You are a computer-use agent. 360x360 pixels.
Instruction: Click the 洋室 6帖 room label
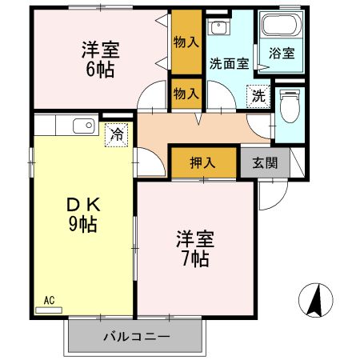(100, 58)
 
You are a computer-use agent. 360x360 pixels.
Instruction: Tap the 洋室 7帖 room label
(192, 249)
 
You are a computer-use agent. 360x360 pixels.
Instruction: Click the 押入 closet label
(202, 163)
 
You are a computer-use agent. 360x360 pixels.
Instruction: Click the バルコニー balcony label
(136, 337)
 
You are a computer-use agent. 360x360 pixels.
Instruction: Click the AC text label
(49, 300)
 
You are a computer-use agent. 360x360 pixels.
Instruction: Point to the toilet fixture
(290, 105)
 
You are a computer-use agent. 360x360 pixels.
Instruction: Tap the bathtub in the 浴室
(282, 29)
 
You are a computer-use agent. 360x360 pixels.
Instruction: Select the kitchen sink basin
(82, 125)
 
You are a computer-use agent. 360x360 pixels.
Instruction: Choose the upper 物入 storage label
(186, 42)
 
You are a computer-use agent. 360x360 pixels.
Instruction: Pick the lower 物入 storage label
(186, 94)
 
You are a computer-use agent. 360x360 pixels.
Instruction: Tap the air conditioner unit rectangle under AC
(49, 309)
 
